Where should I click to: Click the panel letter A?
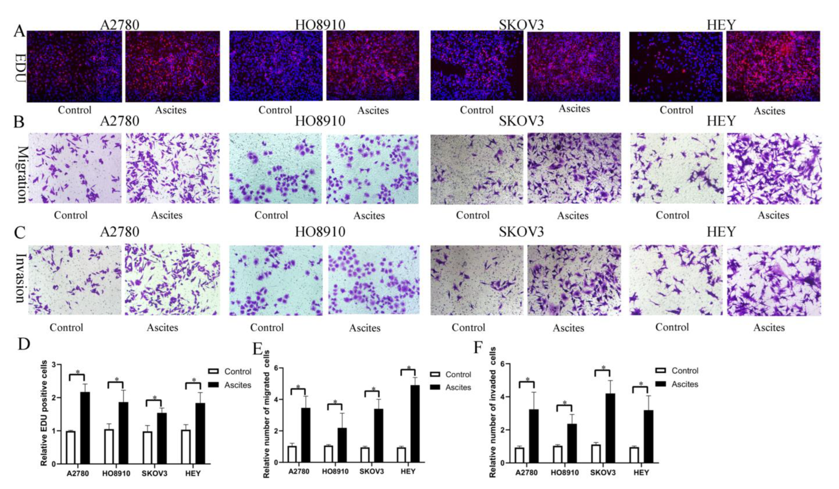19,32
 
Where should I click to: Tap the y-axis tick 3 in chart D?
54,365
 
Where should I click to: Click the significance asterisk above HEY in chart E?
409,368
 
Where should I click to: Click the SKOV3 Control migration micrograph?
476,169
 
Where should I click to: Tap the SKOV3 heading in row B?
521,121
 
